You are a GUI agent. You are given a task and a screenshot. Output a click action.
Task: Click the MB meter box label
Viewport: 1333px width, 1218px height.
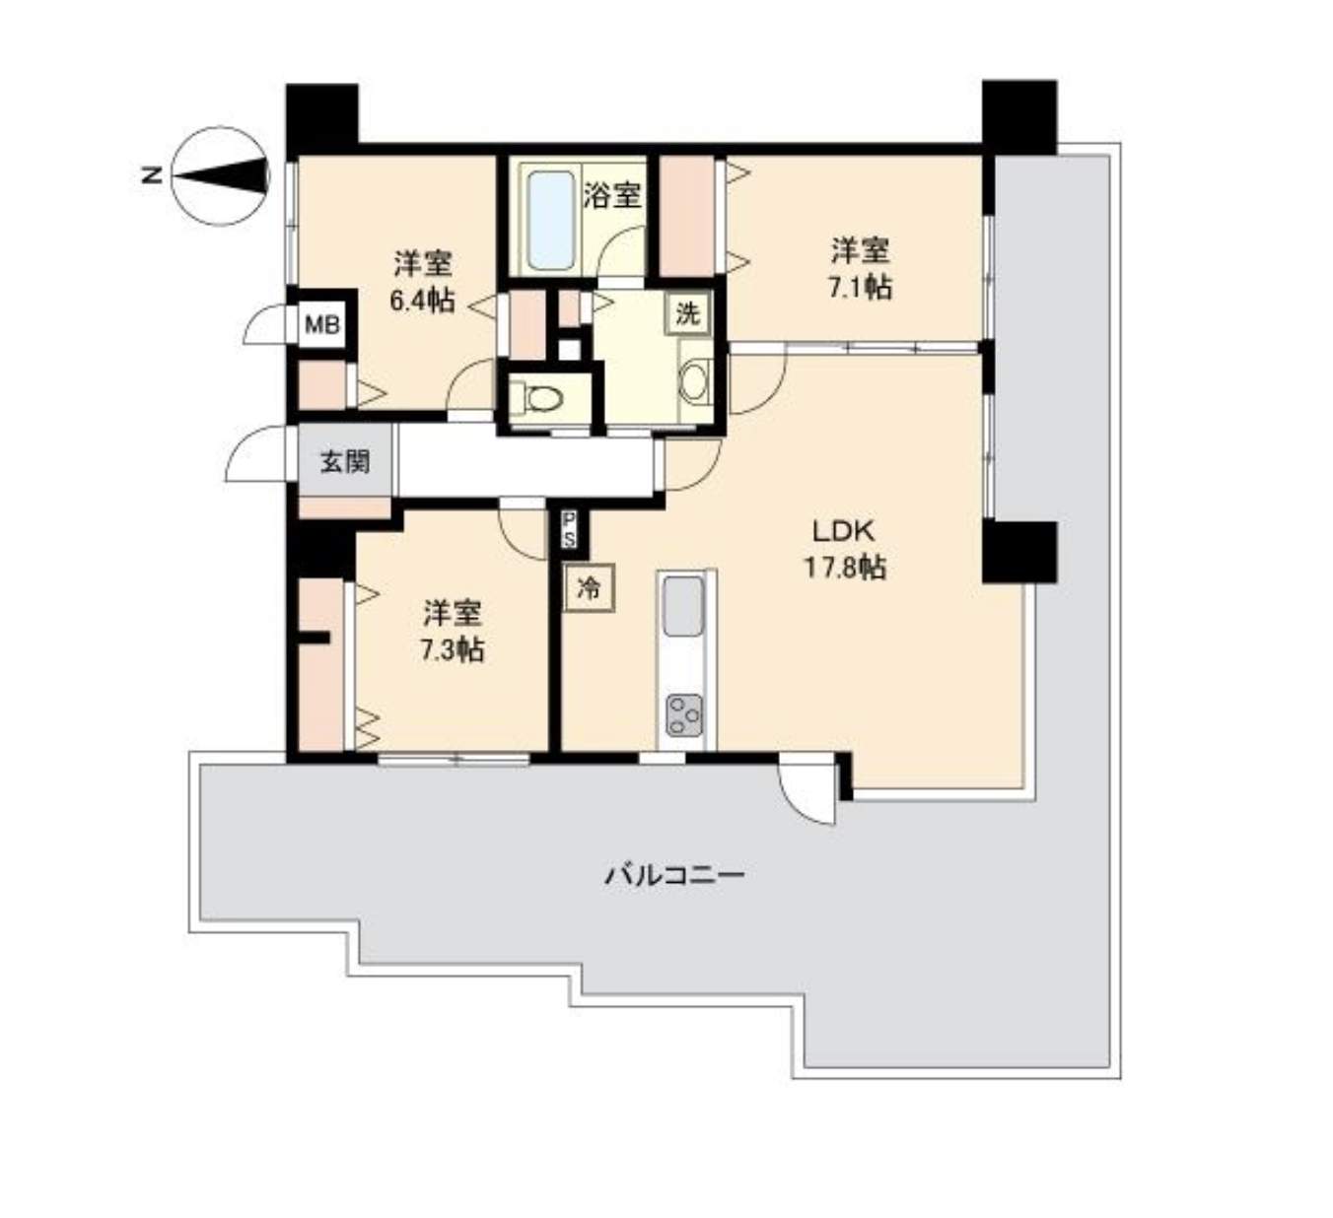pyautogui.click(x=322, y=325)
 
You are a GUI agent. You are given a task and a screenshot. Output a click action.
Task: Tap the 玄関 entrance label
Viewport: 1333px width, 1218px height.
pyautogui.click(x=345, y=462)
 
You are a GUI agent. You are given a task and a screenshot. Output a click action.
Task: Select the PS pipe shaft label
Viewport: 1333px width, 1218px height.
pyautogui.click(x=569, y=529)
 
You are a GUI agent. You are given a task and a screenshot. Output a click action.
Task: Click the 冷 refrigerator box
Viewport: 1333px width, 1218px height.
pyautogui.click(x=589, y=587)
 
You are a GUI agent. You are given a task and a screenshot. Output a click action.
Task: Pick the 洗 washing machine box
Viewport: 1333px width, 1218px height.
pyautogui.click(x=688, y=313)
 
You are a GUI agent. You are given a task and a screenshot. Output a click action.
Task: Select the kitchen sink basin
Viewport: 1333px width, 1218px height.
pyautogui.click(x=683, y=606)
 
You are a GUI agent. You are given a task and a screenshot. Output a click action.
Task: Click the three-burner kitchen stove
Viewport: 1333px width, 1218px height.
pyautogui.click(x=684, y=715)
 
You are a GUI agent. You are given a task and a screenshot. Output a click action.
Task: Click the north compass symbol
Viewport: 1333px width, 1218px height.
pyautogui.click(x=220, y=176)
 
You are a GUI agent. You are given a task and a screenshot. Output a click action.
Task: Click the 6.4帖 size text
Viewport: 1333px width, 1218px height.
pyautogui.click(x=423, y=301)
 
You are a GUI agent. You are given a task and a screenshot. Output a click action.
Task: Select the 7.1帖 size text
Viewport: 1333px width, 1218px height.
pyautogui.click(x=859, y=287)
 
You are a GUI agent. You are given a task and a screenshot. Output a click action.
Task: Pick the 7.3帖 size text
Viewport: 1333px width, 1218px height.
pyautogui.click(x=452, y=650)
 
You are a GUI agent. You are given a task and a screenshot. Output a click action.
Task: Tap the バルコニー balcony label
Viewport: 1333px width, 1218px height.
pyautogui.click(x=674, y=875)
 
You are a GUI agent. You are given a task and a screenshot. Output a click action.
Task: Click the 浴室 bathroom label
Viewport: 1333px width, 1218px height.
pyautogui.click(x=612, y=195)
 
